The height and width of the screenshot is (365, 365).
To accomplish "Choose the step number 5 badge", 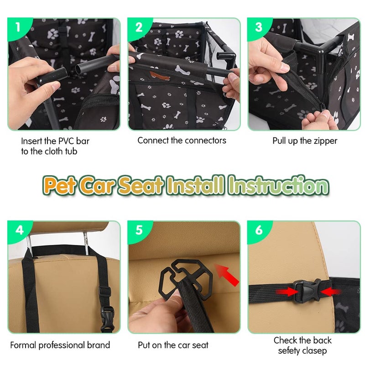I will click(x=139, y=230).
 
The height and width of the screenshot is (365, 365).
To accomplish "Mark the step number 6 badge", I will click(x=259, y=230).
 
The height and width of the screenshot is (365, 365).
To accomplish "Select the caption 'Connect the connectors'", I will click(x=182, y=141).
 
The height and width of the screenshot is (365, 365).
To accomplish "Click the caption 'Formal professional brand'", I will click(x=60, y=345).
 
